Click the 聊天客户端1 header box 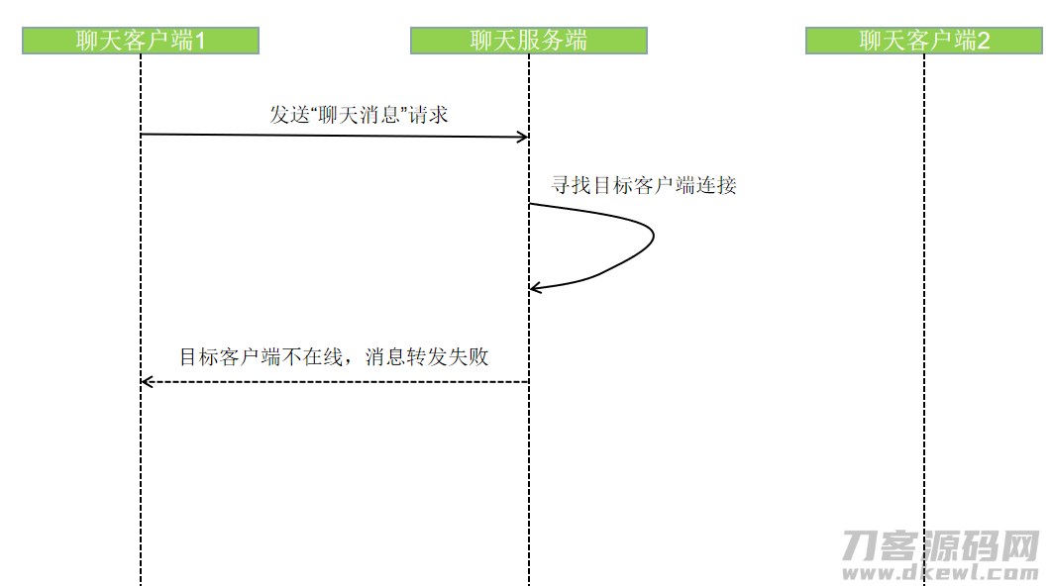coord(141,41)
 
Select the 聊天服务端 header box coord(529,41)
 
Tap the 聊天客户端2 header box coord(923,41)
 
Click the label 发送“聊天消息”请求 coord(359,115)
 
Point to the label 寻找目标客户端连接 coord(644,185)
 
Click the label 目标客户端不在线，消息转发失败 coord(334,356)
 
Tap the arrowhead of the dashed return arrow coord(147,382)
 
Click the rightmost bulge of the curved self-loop coord(653,235)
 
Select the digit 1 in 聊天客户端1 coord(199,41)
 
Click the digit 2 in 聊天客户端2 coord(983,41)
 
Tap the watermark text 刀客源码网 coord(940,545)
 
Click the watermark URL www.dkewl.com coord(940,572)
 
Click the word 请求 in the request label coord(428,115)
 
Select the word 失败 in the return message coord(469,356)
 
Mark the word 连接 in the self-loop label coord(716,185)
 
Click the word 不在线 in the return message coord(313,356)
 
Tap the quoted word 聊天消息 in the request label coord(359,115)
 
